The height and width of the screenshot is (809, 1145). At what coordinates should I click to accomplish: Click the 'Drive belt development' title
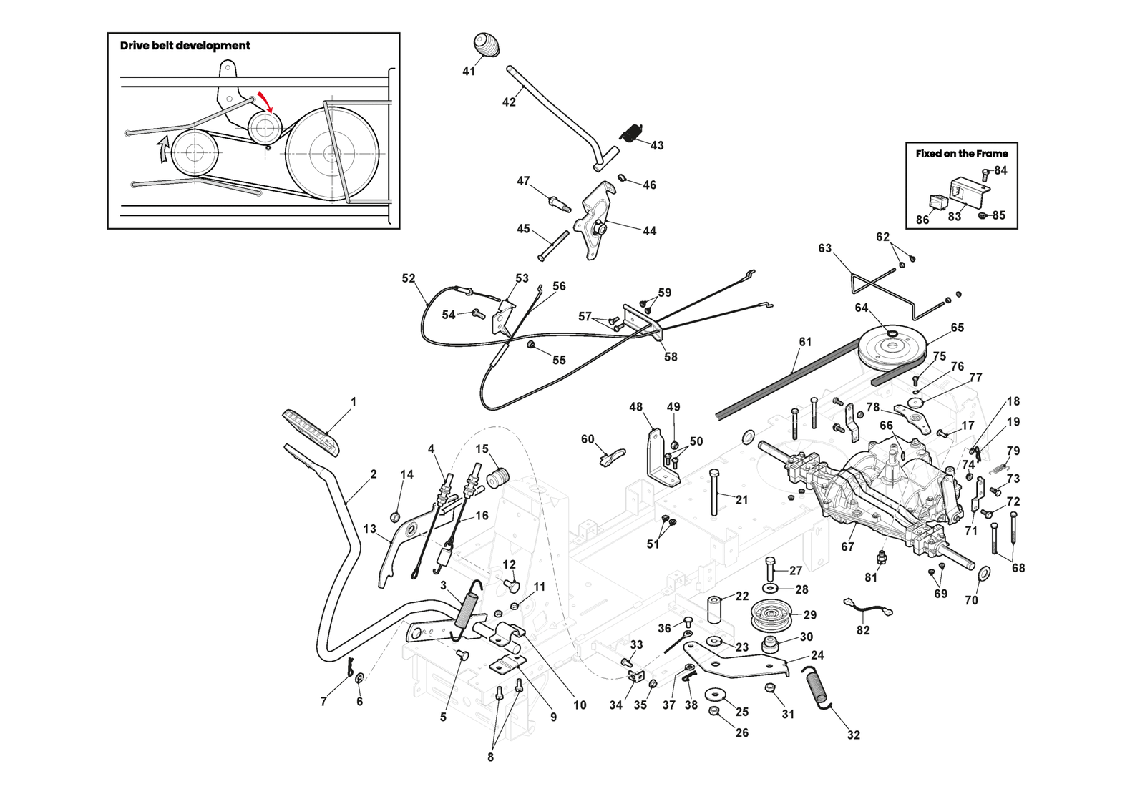[185, 46]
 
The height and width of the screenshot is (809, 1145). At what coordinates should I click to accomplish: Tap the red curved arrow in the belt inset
[266, 101]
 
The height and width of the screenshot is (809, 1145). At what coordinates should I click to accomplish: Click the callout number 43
[657, 145]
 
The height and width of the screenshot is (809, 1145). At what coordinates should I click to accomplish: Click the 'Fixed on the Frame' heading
[962, 154]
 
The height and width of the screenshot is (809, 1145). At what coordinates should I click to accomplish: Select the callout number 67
[848, 546]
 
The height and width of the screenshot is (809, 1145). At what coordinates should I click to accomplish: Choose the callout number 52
[409, 278]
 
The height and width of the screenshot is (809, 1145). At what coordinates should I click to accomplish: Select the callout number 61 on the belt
[805, 342]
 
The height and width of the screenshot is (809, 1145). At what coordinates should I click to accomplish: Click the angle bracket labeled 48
[656, 458]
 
